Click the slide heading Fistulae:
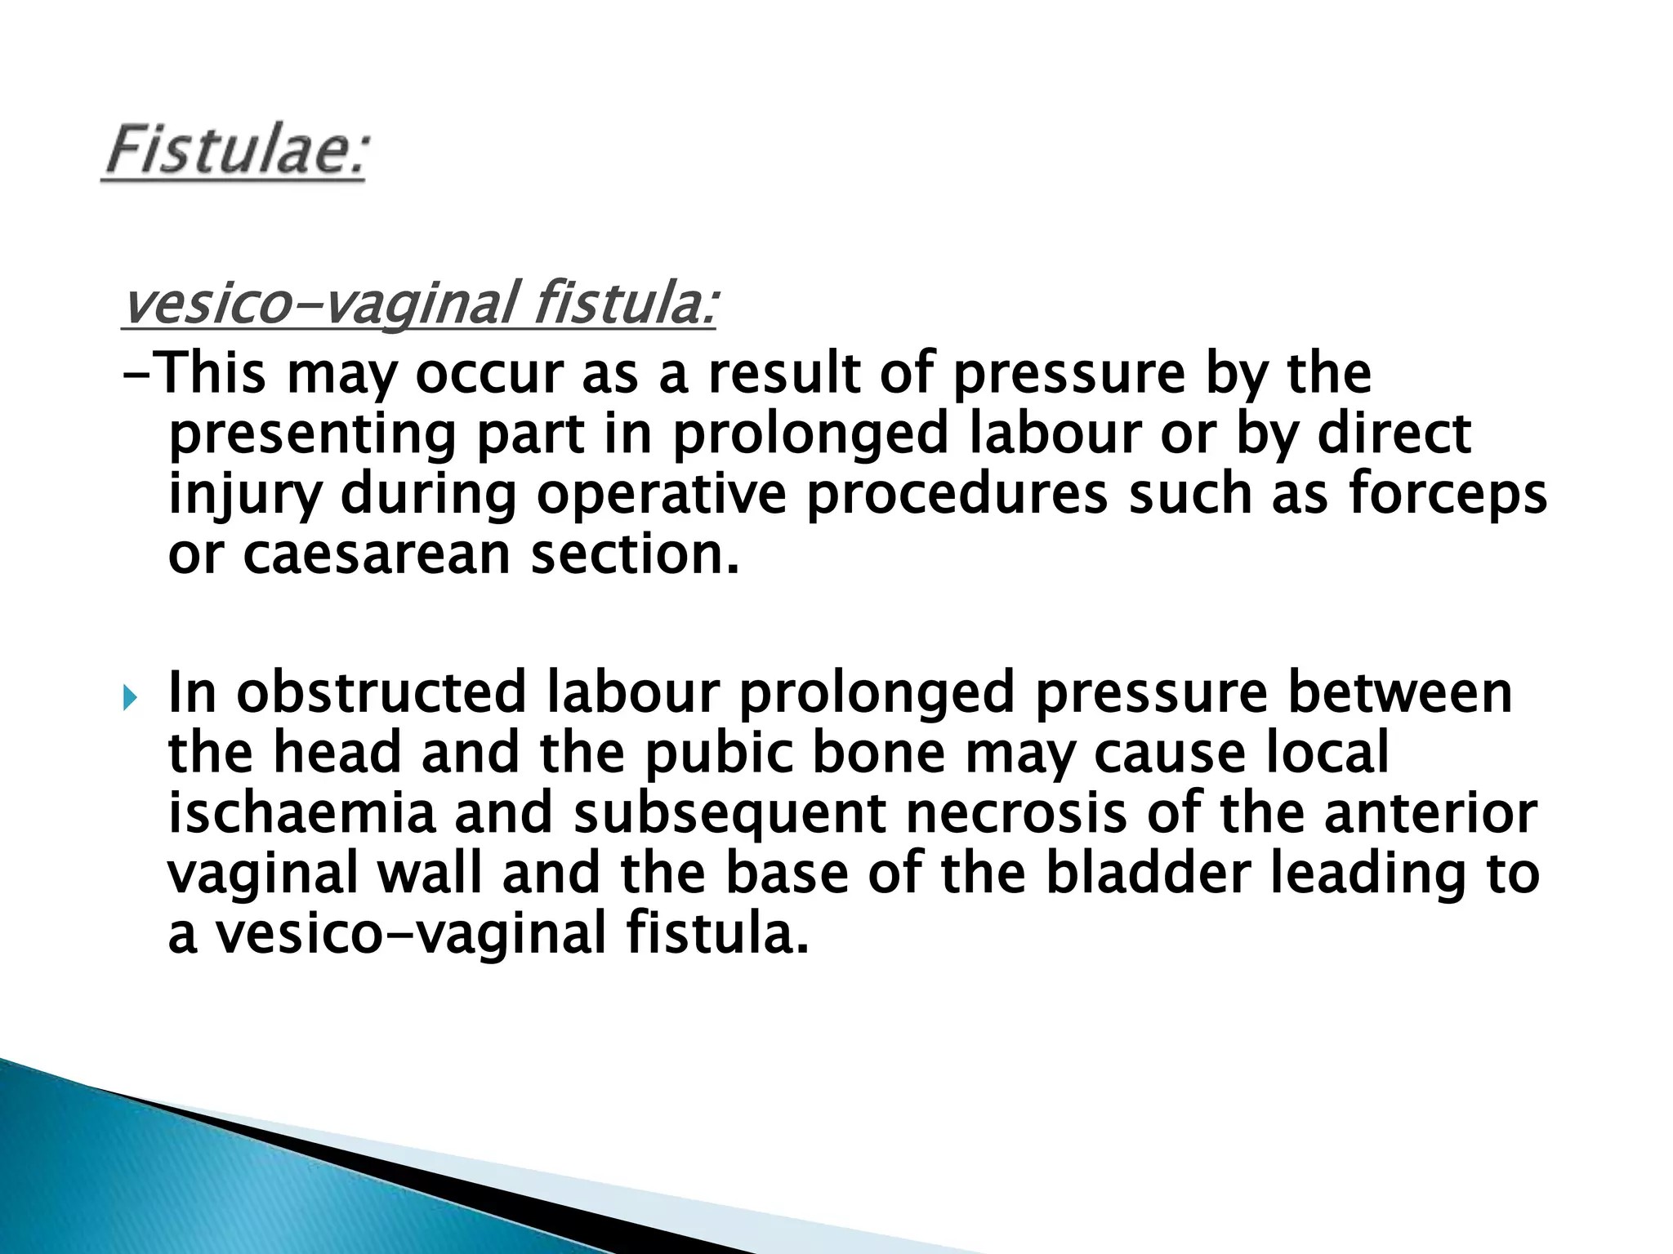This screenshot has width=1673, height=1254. [235, 152]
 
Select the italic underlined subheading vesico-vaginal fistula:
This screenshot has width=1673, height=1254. [418, 304]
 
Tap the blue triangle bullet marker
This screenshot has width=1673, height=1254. [129, 698]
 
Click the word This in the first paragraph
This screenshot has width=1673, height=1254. [210, 374]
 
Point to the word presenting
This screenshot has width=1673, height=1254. [311, 434]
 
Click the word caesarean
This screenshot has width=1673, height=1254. [377, 554]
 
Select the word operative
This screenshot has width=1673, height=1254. [661, 495]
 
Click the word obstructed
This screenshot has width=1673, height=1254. [381, 692]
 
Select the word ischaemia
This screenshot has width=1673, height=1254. [301, 813]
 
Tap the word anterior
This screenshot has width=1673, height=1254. [1430, 813]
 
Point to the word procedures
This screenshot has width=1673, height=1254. [957, 495]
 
